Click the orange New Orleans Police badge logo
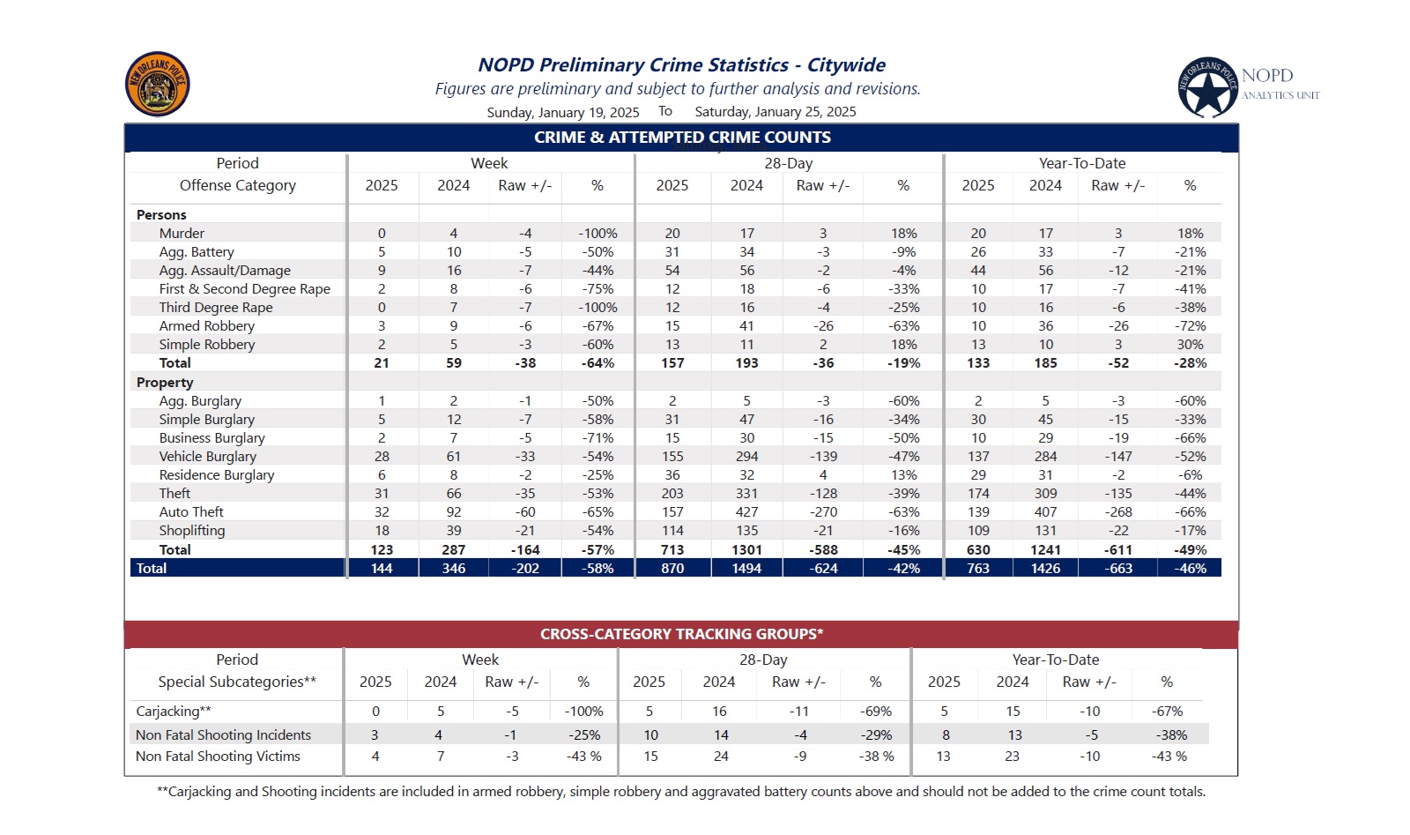pos(158,84)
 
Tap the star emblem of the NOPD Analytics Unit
pos(1207,87)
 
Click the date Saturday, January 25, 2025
pos(775,112)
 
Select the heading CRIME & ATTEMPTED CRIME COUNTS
pos(682,138)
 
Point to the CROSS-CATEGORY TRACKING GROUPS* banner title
pos(682,634)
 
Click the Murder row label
pos(182,234)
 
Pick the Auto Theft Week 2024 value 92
pos(453,512)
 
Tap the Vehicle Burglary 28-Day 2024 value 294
pos(746,457)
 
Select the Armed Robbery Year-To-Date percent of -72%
pos(1190,326)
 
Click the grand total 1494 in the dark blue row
pos(746,568)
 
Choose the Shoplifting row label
pos(192,531)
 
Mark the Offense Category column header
pos(237,186)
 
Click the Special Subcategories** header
pos(237,682)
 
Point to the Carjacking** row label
pos(174,712)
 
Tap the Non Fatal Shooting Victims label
pos(218,757)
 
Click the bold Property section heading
pos(164,383)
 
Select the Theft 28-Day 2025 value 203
pos(672,494)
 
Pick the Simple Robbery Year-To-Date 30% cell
pos(1190,345)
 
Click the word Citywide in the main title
pos(846,65)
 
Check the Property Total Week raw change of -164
pos(525,549)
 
